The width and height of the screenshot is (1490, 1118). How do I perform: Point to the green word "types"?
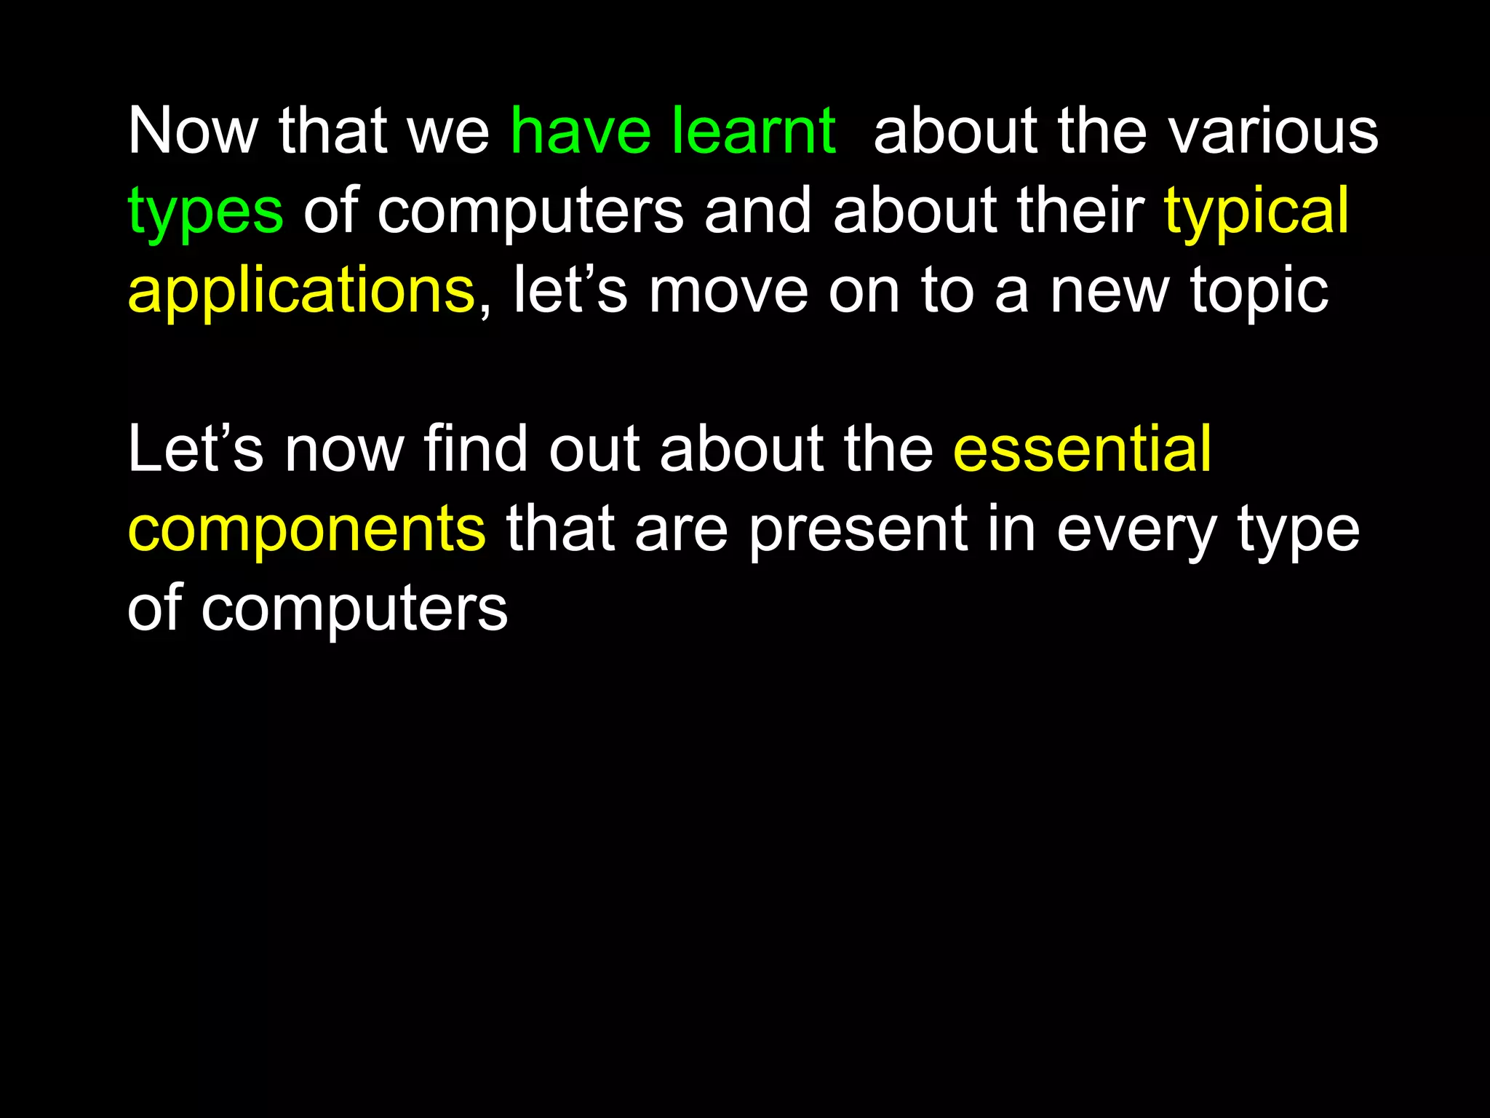tap(205, 213)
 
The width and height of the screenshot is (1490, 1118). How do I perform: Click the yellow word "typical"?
tap(1256, 213)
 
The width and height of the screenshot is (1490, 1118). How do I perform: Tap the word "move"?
tap(728, 291)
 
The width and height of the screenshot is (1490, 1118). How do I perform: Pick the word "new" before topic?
tap(1110, 291)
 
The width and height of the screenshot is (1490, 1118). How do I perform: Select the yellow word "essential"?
tap(1082, 449)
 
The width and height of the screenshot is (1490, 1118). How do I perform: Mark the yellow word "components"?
tap(306, 531)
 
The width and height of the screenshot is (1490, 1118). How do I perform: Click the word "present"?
tap(858, 531)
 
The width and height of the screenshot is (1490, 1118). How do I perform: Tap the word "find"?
tap(474, 449)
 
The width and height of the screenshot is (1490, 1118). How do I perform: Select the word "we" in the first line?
tap(450, 132)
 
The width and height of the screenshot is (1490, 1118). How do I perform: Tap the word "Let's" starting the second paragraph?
tap(195, 449)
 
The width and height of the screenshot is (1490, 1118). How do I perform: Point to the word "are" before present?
tap(681, 531)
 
